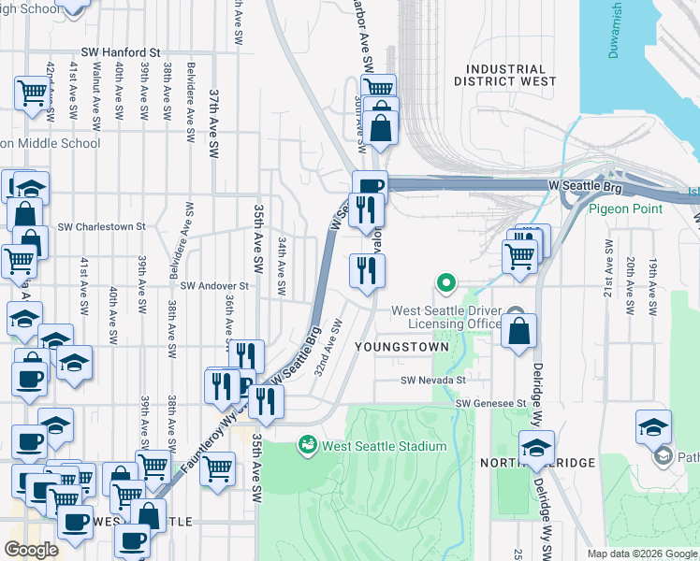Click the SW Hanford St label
click(122, 53)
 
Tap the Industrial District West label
click(505, 76)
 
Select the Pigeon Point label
click(625, 209)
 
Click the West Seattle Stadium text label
click(384, 446)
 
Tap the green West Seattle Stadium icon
click(307, 445)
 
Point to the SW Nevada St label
click(433, 381)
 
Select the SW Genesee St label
click(489, 402)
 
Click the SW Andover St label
click(213, 286)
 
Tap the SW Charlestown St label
click(101, 226)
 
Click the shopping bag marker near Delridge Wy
click(518, 331)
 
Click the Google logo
click(31, 550)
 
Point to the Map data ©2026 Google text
click(642, 554)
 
